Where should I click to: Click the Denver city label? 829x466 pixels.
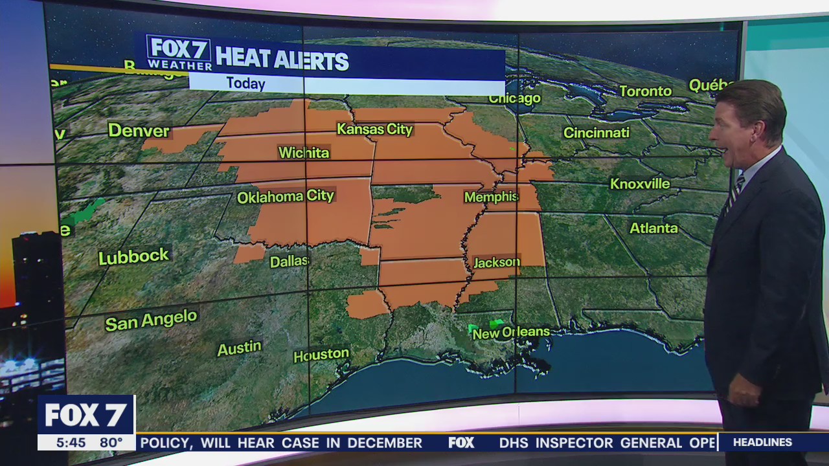[139, 131]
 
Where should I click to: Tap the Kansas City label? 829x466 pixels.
[374, 129]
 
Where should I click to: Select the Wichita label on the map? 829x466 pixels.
[304, 153]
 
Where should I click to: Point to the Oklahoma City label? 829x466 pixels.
[286, 197]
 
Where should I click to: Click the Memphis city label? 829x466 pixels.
[491, 197]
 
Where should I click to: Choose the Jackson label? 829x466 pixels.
[497, 262]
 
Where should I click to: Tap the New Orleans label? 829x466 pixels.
[511, 333]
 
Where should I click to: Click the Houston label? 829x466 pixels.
[321, 355]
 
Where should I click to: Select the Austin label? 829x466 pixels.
[239, 349]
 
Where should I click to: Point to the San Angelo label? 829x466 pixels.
[151, 320]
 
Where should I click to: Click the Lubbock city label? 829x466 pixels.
[133, 256]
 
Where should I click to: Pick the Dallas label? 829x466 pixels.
[289, 261]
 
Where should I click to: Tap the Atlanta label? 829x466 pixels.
[653, 228]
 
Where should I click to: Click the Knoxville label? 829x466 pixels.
[640, 184]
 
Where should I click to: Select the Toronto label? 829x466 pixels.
[645, 91]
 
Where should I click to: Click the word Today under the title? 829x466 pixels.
[245, 83]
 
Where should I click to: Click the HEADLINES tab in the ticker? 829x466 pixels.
[762, 443]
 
